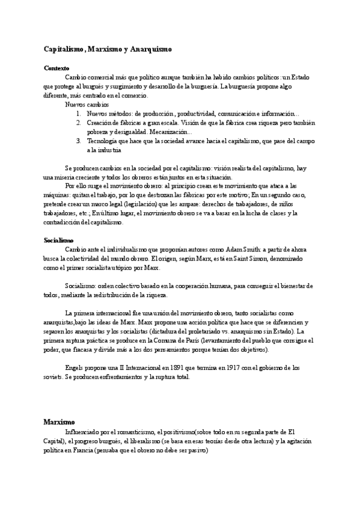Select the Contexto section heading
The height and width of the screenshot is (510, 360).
(x=56, y=68)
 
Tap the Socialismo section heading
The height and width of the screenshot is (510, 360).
(x=58, y=240)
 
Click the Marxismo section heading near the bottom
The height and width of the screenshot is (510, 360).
(x=58, y=422)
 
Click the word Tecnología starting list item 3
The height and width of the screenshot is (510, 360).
(x=103, y=141)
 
